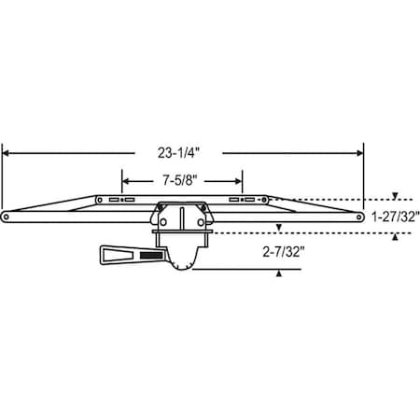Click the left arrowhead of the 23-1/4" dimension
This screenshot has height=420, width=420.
coord(7,150)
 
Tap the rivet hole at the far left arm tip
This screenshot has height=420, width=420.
coord(7,217)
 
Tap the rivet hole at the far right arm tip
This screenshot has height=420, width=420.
coord(359,217)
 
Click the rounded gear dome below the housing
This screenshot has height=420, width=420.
coord(183,265)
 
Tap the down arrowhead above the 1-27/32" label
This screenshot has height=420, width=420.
coord(396,197)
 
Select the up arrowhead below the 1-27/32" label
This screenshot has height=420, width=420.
coord(396,236)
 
